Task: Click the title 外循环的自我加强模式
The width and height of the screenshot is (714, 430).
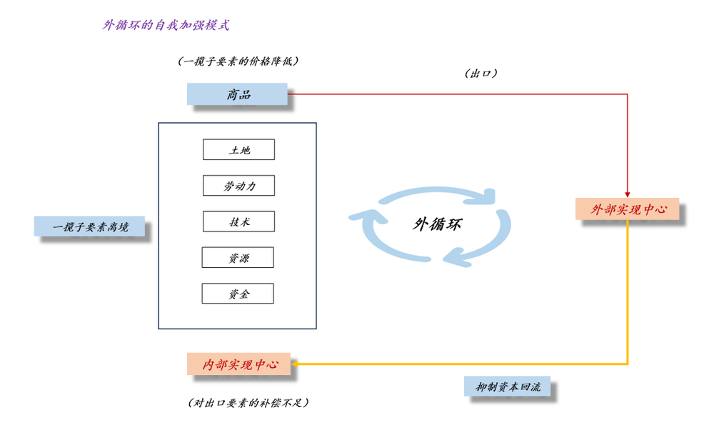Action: coord(166,25)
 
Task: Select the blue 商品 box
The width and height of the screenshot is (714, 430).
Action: coord(238,94)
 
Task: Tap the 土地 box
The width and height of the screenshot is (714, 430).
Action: coord(238,150)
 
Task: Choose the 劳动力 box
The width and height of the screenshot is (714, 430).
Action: coord(238,186)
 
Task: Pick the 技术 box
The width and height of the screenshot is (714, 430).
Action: coord(238,221)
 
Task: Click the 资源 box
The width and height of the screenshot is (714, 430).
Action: coord(238,257)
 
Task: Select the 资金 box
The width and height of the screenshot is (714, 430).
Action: coord(238,294)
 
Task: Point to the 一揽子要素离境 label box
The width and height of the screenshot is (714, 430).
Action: coord(90,226)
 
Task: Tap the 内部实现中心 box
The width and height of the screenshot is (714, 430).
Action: coord(238,364)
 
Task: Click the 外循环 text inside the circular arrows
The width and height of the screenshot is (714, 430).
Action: coord(437,224)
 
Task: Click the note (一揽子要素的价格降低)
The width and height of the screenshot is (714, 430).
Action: coord(238,61)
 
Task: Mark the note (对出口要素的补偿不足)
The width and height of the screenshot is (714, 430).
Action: coord(247,404)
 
